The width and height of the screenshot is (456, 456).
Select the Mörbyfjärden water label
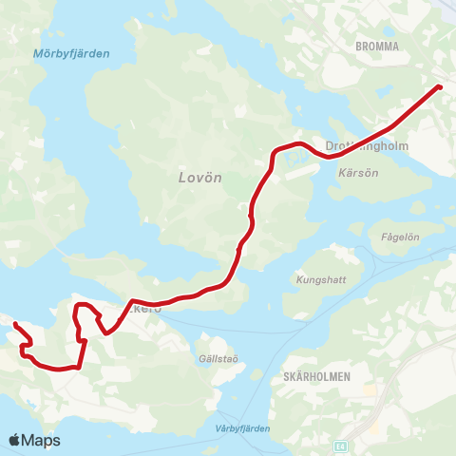point(71,54)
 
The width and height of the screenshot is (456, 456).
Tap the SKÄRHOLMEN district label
point(317,377)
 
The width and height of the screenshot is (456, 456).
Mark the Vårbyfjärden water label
point(237,428)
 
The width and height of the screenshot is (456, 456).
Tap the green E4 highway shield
point(340,443)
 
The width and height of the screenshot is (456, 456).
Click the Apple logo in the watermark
point(15,440)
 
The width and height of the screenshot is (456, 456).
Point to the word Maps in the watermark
point(41,440)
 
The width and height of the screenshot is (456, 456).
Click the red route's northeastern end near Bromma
point(439,87)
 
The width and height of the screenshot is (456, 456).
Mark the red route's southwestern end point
point(15,325)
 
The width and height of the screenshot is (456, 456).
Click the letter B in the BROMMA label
point(357,46)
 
